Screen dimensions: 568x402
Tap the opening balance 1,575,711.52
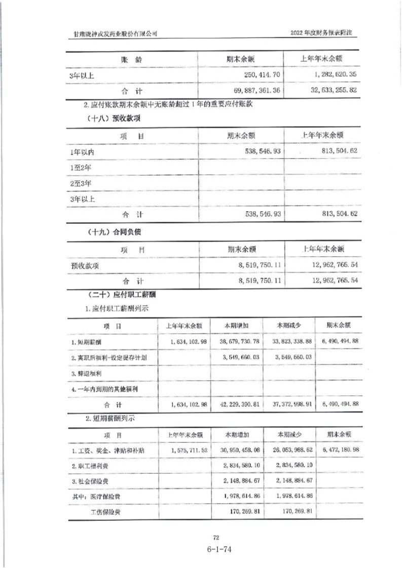183,451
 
